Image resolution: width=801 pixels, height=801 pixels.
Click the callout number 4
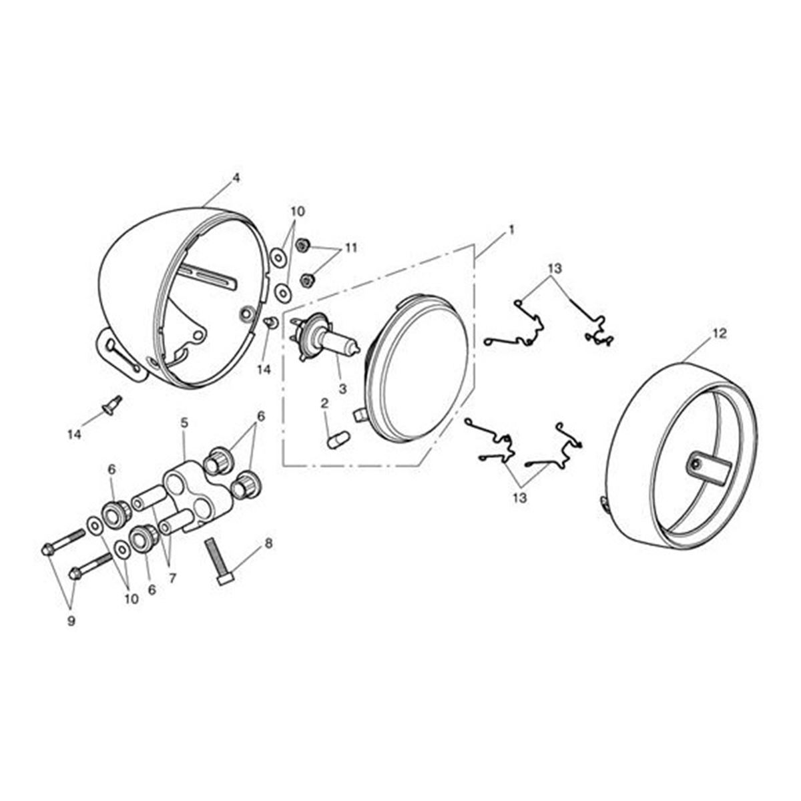coord(236,178)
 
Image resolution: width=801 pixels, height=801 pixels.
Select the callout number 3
coord(343,389)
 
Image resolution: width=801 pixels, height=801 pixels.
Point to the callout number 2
coord(324,403)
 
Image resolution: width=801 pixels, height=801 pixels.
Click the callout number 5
coord(184,423)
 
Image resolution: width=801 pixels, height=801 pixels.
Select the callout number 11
coord(350,248)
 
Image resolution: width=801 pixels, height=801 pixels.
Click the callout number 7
coord(172,578)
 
